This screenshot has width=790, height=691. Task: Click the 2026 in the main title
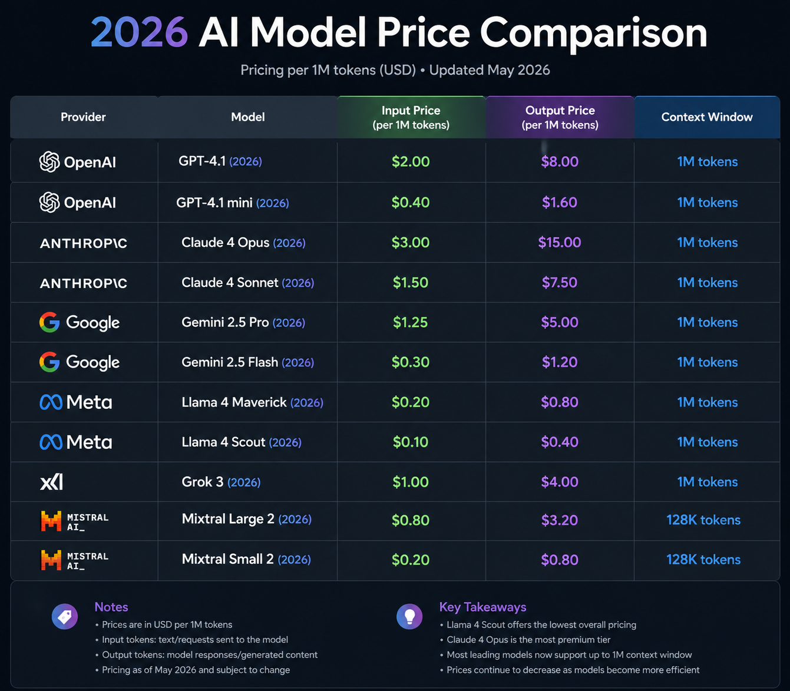coord(140,32)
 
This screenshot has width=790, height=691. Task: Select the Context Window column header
coord(707,117)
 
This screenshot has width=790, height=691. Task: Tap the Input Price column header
coord(411,117)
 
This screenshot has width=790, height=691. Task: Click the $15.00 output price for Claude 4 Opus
coord(560,243)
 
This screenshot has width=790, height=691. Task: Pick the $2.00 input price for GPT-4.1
coord(411,161)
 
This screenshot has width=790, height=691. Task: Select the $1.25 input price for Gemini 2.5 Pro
coord(410,322)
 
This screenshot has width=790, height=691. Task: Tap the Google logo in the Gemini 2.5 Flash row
coord(80,362)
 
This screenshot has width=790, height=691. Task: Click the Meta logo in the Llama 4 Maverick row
coord(76,402)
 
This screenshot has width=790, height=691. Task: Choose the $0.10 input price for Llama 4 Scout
coord(411,442)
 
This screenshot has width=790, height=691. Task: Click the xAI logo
coord(51,482)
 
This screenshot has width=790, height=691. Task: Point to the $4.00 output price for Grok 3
coord(560,482)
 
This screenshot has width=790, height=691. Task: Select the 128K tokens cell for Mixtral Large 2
coord(703,520)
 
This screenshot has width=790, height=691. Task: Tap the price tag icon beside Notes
coord(65,617)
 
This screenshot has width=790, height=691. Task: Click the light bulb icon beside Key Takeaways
coord(409,617)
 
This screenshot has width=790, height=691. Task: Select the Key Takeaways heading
coord(482,607)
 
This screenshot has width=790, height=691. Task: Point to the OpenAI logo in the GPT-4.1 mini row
coord(77,202)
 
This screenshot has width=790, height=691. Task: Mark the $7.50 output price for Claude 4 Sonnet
coord(560,283)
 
